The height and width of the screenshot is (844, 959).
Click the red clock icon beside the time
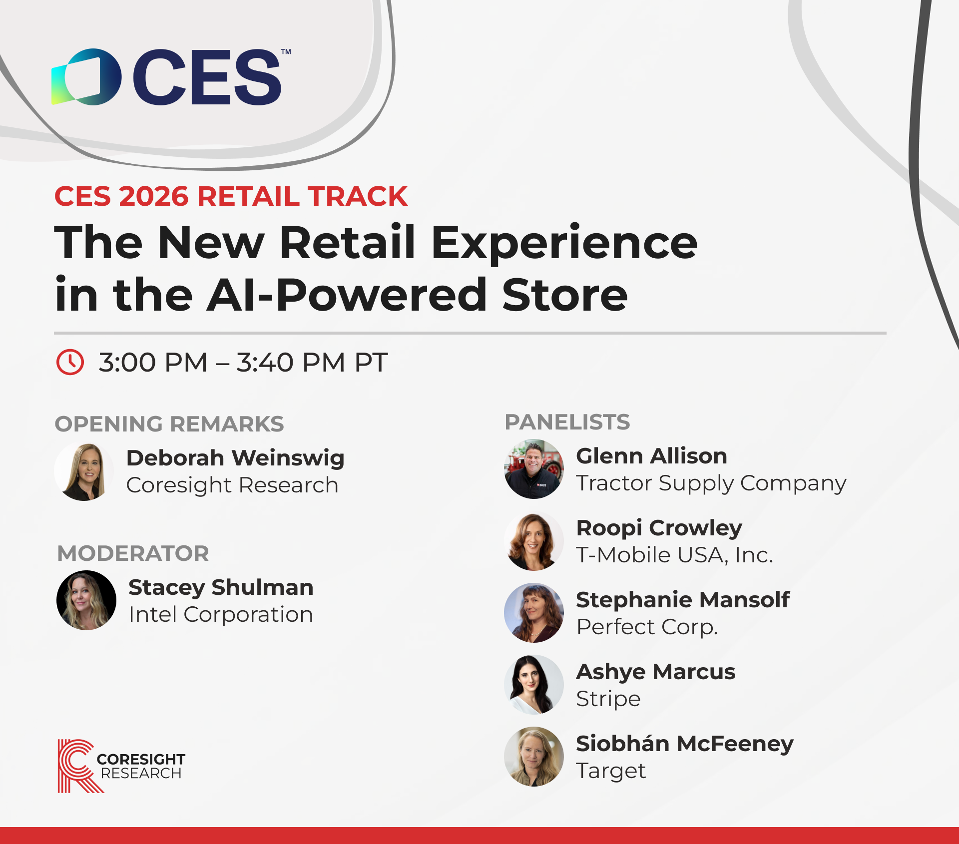click(70, 362)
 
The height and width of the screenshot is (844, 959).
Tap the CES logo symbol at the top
click(86, 77)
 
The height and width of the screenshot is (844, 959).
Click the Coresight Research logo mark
click(80, 766)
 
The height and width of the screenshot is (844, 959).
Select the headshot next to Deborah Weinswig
click(84, 471)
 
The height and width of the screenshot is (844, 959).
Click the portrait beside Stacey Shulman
click(86, 600)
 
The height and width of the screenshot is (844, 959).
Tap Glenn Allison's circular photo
click(534, 469)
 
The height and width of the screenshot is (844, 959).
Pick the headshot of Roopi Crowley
click(534, 541)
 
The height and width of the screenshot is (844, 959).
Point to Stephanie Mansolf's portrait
click(534, 613)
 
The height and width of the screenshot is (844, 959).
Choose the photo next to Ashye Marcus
click(534, 685)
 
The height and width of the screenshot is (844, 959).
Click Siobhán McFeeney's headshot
click(534, 757)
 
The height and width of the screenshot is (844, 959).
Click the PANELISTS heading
click(567, 422)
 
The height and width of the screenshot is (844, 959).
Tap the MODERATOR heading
click(133, 553)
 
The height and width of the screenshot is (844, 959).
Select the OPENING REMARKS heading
click(169, 424)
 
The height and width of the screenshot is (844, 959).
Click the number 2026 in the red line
click(154, 196)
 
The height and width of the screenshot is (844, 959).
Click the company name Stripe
click(608, 699)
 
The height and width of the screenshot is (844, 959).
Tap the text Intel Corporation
click(221, 614)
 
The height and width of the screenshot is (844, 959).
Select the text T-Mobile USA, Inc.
click(675, 555)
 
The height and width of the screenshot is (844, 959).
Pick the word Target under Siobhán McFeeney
click(611, 771)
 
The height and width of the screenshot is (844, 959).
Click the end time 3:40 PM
click(291, 362)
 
